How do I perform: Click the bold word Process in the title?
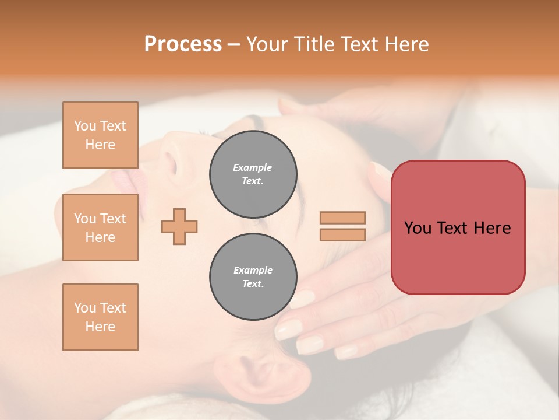click(183, 44)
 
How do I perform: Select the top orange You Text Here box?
click(100, 135)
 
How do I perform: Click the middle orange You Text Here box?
click(100, 228)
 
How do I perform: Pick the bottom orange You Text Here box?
click(100, 317)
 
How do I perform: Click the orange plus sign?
click(179, 226)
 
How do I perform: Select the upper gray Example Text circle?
click(253, 174)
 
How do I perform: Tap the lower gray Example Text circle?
click(253, 276)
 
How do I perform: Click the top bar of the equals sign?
click(342, 218)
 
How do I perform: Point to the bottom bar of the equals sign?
click(342, 235)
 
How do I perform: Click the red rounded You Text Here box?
click(458, 228)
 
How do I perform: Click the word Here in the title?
click(407, 44)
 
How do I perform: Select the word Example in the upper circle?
click(253, 167)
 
